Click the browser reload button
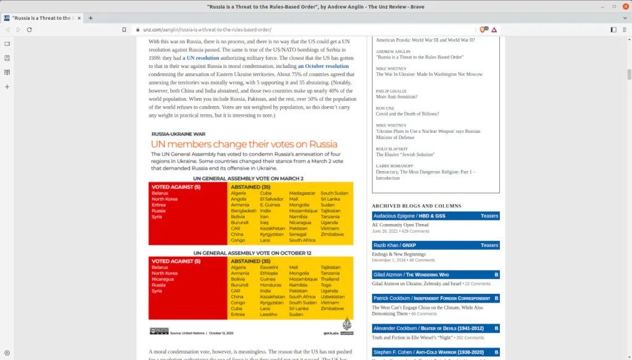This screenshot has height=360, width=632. [29, 30]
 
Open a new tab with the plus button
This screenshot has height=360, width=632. [91, 18]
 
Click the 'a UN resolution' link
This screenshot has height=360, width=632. [201, 57]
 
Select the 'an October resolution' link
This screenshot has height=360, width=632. [323, 66]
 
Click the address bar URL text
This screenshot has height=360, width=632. [207, 30]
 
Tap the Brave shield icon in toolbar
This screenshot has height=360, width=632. [483, 30]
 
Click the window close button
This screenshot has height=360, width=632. [622, 6]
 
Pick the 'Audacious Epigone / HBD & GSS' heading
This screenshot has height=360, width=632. [410, 216]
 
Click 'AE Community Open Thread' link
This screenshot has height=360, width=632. [400, 225]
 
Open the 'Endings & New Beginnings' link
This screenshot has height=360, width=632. [399, 254]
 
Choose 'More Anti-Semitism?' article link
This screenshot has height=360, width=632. [397, 97]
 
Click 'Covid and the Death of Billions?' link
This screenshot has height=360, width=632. [407, 114]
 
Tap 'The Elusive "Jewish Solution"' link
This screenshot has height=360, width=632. [405, 154]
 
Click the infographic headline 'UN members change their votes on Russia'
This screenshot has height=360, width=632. [244, 144]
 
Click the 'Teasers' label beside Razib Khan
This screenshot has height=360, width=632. [489, 245]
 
